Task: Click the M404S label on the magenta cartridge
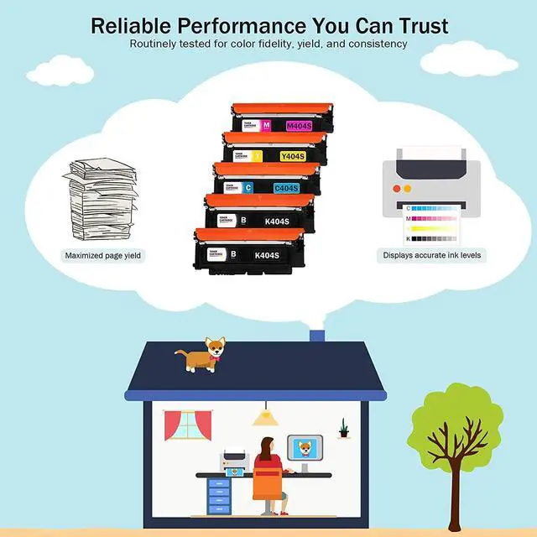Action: click(300, 126)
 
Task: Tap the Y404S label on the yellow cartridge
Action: click(292, 155)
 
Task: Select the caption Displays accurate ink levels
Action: click(432, 255)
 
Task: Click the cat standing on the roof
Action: click(203, 354)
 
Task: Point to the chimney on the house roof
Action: click(317, 336)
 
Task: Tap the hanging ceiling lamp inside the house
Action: click(266, 415)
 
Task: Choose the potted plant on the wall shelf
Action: click(343, 429)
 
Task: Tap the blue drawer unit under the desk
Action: click(218, 495)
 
